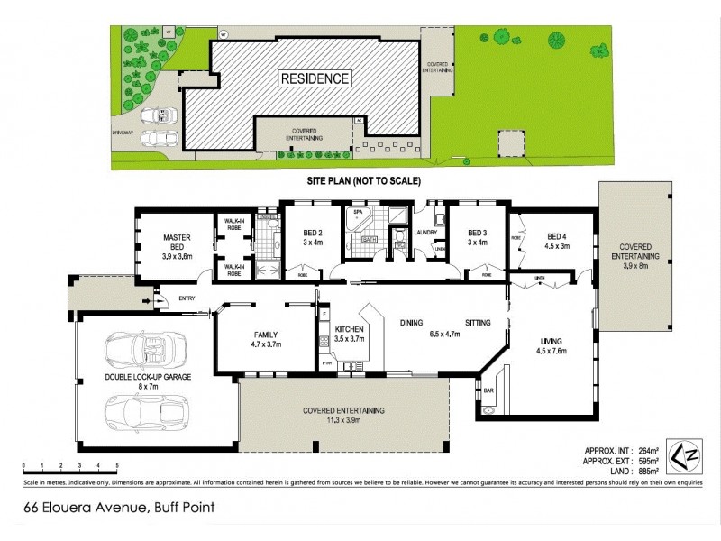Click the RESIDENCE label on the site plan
click(x=315, y=78)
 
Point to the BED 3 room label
click(x=477, y=236)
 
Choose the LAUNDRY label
click(x=425, y=232)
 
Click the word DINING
click(x=411, y=322)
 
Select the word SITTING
click(x=478, y=322)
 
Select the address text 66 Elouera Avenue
click(x=81, y=507)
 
